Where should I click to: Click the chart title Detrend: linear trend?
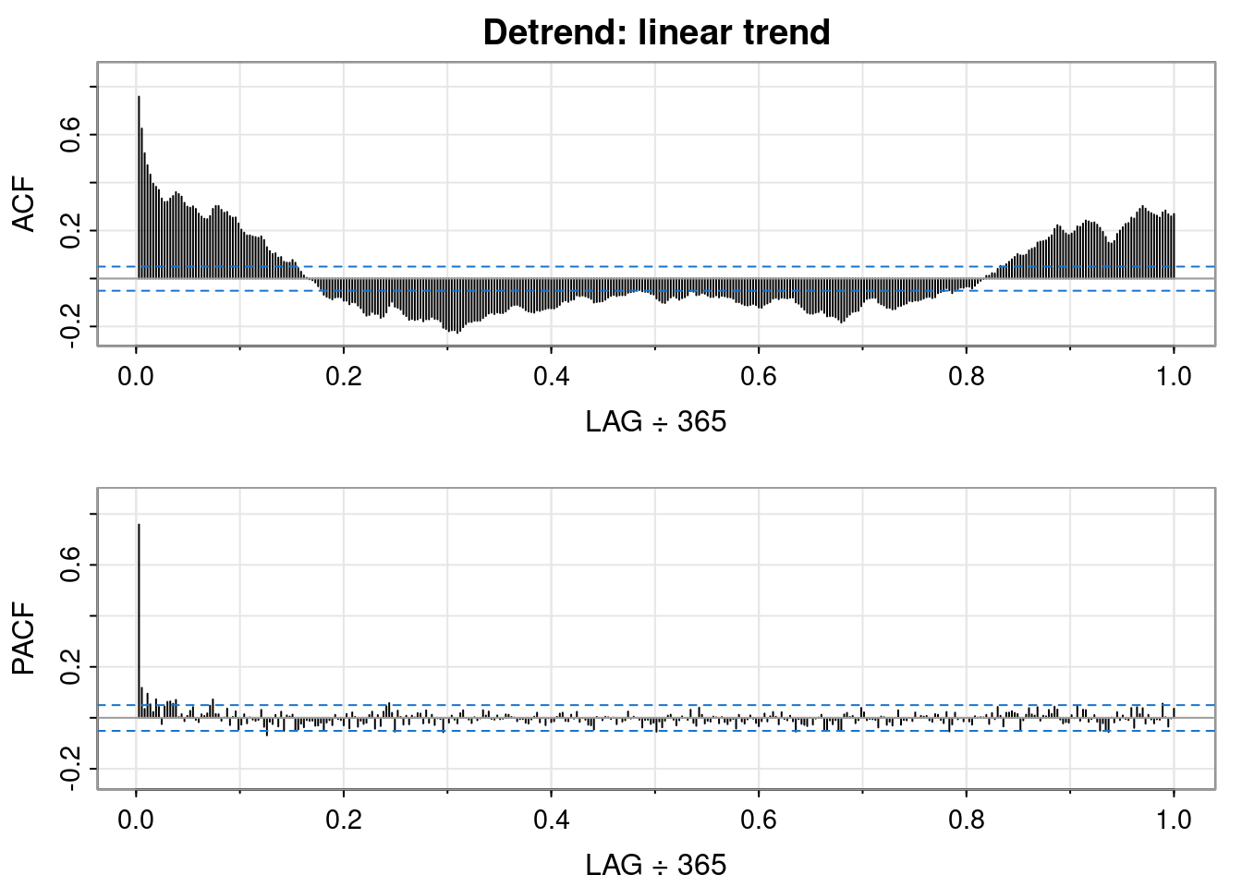tap(656, 32)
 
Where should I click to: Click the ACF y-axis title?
tap(24, 204)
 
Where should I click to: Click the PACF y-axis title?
tap(24, 638)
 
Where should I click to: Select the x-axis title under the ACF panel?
tap(656, 422)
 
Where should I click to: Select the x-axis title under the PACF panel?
tap(656, 866)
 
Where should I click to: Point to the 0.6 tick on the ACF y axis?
tap(69, 134)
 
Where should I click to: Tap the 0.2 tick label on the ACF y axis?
tap(69, 230)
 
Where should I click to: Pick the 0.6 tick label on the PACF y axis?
tap(69, 565)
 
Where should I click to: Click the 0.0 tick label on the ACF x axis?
tap(136, 378)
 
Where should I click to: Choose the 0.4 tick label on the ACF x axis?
tap(551, 378)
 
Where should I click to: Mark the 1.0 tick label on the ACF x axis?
tap(1174, 378)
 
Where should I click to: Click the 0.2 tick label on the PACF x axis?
tap(344, 821)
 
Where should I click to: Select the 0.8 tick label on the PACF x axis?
tap(966, 821)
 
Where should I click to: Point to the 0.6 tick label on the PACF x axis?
tap(759, 821)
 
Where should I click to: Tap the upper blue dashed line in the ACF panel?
tap(647, 266)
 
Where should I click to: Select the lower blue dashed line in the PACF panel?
tap(647, 731)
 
